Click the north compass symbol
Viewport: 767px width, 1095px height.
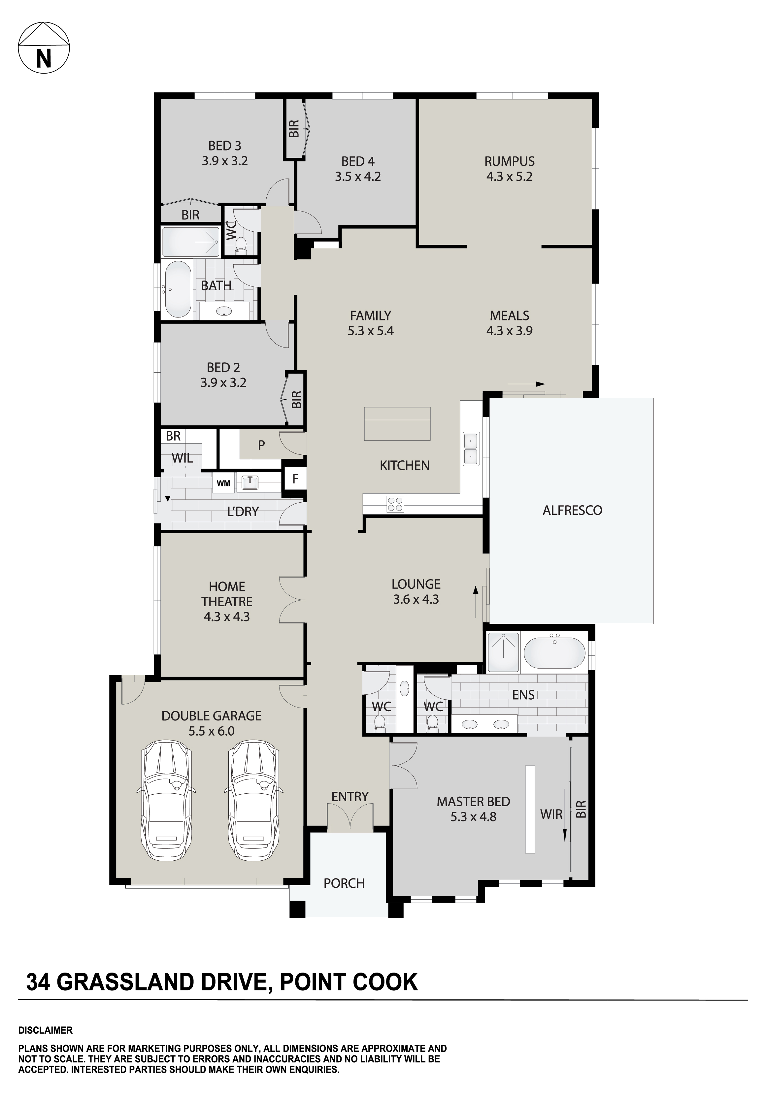[x=44, y=48]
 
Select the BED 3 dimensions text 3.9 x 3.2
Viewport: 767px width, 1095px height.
[x=225, y=161]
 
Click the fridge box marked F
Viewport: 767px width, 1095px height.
[x=295, y=478]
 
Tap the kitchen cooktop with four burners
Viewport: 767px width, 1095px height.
[x=395, y=504]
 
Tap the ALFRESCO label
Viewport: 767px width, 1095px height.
[x=572, y=510]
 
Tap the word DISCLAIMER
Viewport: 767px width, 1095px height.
[x=45, y=1030]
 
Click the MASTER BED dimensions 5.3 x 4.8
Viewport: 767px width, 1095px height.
[x=473, y=817]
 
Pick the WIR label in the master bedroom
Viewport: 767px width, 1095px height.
[x=551, y=814]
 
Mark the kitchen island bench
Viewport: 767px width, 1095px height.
[x=397, y=423]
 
